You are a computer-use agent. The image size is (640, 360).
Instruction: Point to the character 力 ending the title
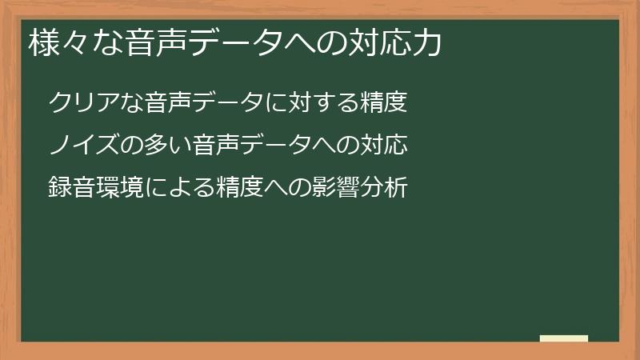(428, 42)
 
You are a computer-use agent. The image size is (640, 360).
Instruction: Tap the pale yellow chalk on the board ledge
(564, 338)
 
